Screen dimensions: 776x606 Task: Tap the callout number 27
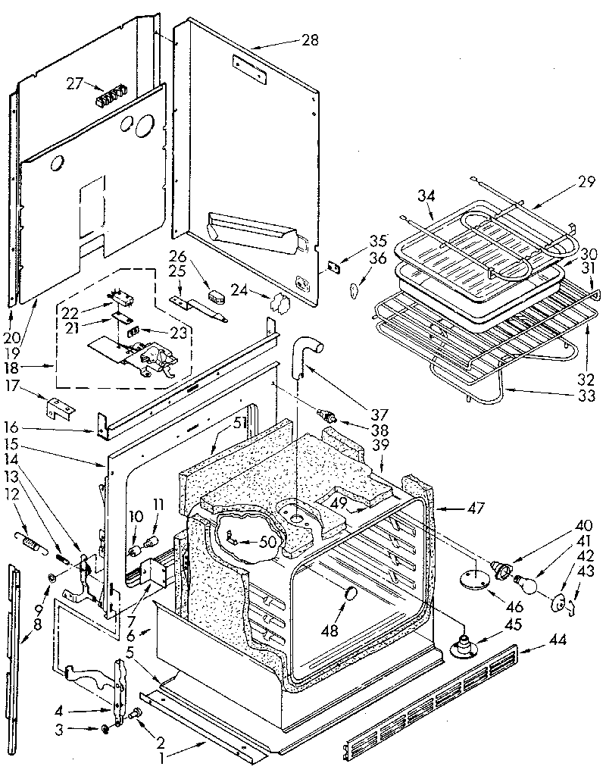coord(74,84)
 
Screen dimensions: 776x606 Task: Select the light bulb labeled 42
coord(529,585)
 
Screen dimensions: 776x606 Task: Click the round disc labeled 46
coord(474,579)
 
